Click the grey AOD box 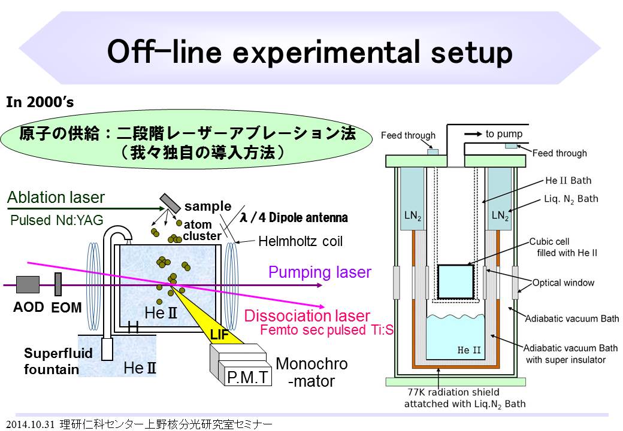pyautogui.click(x=28, y=285)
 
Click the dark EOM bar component pyautogui.click(x=58, y=284)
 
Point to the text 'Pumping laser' pyautogui.click(x=320, y=272)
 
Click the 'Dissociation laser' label pyautogui.click(x=307, y=315)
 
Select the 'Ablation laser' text pyautogui.click(x=56, y=198)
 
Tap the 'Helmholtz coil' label pyautogui.click(x=300, y=242)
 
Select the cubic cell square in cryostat pyautogui.click(x=455, y=280)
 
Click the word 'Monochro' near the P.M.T pyautogui.click(x=311, y=364)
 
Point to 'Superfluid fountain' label pyautogui.click(x=50, y=361)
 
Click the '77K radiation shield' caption pyautogui.click(x=464, y=393)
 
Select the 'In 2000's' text pyautogui.click(x=40, y=102)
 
